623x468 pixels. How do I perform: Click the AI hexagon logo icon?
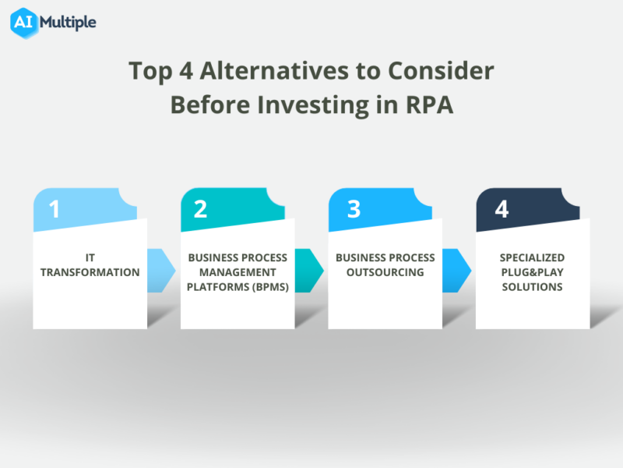click(x=24, y=22)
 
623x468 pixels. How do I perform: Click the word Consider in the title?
click(x=440, y=71)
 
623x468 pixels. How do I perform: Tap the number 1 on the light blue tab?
click(x=54, y=210)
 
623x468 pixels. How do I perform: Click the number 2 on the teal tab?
click(x=200, y=210)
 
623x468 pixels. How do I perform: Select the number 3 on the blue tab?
click(x=354, y=210)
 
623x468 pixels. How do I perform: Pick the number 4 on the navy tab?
click(x=502, y=210)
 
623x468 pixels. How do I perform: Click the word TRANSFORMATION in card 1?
click(x=90, y=272)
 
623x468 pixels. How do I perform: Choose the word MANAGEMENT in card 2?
click(x=238, y=272)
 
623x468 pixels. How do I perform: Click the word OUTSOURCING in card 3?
click(x=385, y=272)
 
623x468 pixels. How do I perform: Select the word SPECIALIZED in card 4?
click(x=532, y=257)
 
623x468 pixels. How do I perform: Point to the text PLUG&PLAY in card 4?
click(x=532, y=272)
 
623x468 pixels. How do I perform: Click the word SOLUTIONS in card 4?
click(x=532, y=287)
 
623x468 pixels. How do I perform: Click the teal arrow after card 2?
click(x=308, y=271)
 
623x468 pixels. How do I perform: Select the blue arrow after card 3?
click(x=456, y=271)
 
